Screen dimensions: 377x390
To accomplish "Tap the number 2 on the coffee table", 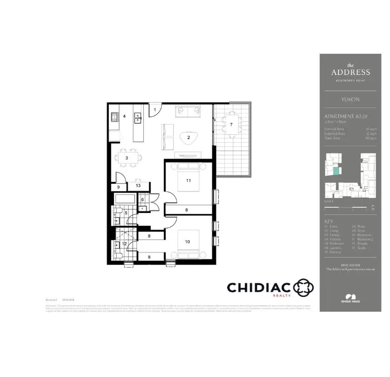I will pos(188,138).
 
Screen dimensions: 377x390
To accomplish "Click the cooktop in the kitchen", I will pos(114,119).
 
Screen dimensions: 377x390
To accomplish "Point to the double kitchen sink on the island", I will pos(138,119).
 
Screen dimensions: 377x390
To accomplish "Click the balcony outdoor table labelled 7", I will pos(231,125).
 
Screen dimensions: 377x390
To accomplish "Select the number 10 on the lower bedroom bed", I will pos(188,242).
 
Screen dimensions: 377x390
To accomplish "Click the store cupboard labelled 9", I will pos(118,187).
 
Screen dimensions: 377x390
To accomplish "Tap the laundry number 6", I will pos(142,199).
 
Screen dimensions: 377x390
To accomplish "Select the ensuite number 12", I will pos(124,244).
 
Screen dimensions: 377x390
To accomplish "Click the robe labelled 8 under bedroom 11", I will pos(186,210).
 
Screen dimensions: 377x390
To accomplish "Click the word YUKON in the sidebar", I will pos(350,99).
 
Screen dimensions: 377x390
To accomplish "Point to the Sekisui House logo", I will pos(350,298).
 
